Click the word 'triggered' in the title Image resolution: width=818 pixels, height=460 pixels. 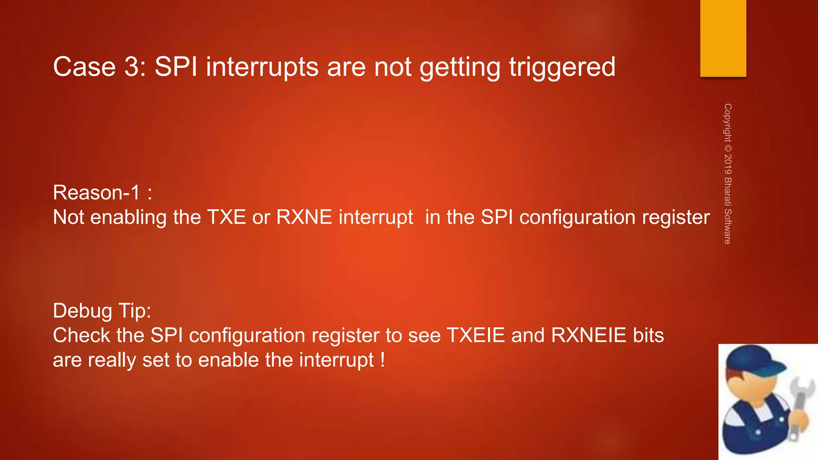tap(562, 67)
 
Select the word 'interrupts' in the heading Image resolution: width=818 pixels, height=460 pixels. tap(262, 67)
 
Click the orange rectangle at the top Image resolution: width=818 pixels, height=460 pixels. tap(723, 38)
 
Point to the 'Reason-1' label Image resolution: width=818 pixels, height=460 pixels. tap(96, 192)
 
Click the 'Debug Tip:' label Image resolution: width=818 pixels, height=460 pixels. tap(102, 311)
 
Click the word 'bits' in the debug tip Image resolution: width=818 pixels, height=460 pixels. tap(648, 335)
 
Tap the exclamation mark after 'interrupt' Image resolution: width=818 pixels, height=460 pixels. tap(383, 360)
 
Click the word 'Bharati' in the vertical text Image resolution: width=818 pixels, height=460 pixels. tap(728, 191)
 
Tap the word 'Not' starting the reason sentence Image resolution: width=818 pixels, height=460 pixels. tap(68, 217)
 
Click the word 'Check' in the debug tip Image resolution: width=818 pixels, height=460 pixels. tap(81, 335)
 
